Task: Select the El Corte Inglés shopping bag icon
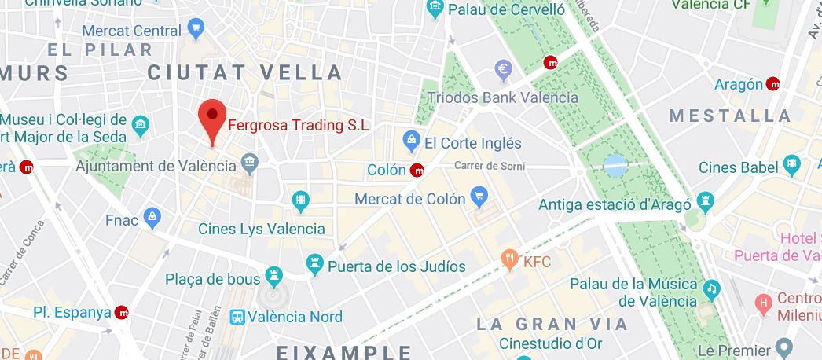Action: (409, 142)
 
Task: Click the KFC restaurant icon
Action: (510, 259)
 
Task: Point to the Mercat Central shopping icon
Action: (196, 31)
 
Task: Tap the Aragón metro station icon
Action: (774, 84)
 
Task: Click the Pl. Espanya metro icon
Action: (122, 312)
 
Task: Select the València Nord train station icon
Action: (237, 317)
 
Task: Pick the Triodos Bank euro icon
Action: (504, 70)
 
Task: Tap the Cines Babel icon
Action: (791, 166)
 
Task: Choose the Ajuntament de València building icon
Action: (250, 165)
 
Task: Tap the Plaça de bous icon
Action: (273, 276)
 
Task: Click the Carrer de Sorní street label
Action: (489, 166)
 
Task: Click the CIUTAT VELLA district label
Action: (245, 73)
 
